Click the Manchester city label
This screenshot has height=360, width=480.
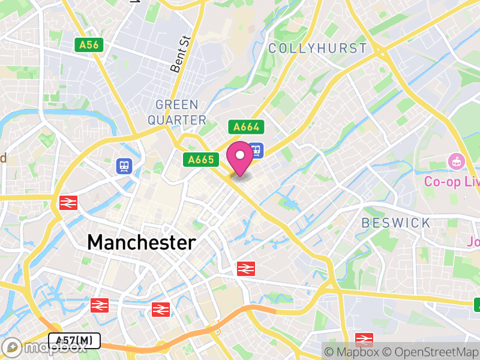click(142, 242)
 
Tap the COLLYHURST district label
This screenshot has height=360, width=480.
click(317, 49)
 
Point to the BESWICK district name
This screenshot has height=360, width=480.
click(396, 223)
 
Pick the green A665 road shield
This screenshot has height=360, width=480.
click(200, 160)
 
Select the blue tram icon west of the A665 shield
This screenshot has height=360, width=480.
click(124, 166)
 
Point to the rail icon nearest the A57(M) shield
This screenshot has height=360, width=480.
click(100, 305)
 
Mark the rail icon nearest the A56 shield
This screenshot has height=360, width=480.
click(67, 203)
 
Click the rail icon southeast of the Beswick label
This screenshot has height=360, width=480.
click(364, 340)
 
